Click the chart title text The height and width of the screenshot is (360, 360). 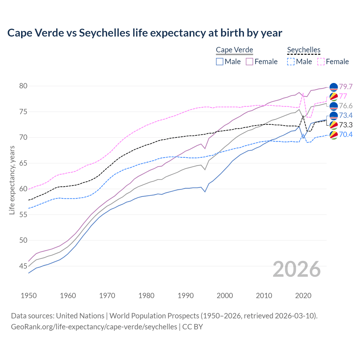pos(145,33)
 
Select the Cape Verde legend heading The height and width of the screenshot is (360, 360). pos(234,50)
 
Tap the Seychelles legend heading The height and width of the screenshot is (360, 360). pos(303,50)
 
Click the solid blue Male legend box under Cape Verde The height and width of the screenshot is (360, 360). pos(220,62)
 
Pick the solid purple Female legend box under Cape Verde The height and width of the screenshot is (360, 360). pos(249,62)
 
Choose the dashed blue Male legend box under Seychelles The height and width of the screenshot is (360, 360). pos(291,62)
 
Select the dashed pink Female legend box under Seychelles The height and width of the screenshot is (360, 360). pos(321,62)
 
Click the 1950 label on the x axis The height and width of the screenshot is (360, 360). pos(29,296)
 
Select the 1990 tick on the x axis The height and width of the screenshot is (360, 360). pos(186,296)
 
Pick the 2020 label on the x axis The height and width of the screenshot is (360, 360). pos(303,296)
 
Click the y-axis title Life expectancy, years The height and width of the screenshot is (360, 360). pos(12,180)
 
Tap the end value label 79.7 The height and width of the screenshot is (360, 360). pos(346,87)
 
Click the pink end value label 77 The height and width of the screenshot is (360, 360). pos(343,96)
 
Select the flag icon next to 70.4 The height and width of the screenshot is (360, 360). pos(334,135)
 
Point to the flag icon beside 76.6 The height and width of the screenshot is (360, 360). pos(334,106)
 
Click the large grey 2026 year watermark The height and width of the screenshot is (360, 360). pos(296,269)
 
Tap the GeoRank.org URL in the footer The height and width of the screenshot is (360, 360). pos(94,327)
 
